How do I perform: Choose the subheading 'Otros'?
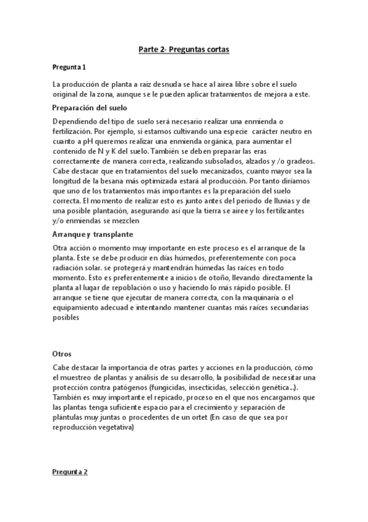pos(63,354)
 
